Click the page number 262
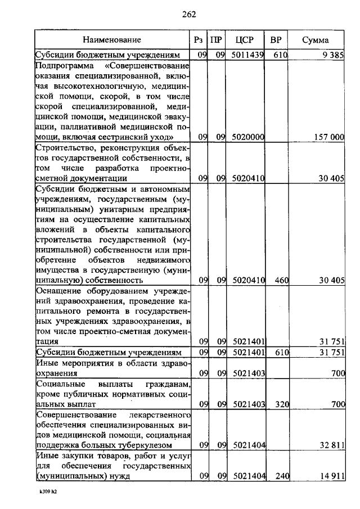[x=188, y=15]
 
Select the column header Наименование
[x=112, y=40]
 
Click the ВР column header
[x=276, y=40]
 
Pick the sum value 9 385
[x=332, y=55]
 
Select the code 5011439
[x=247, y=55]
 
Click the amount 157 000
[x=328, y=137]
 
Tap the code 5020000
[x=247, y=137]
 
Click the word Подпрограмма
[x=61, y=66]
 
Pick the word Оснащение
[x=59, y=291]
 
